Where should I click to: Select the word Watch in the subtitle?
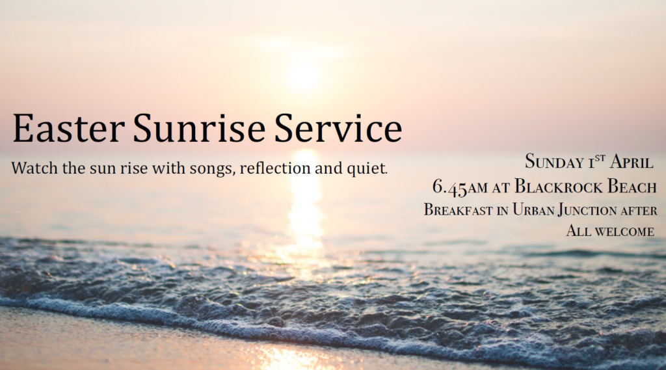[x=32, y=168]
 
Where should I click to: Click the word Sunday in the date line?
[x=555, y=162]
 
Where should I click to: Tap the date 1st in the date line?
[x=598, y=162]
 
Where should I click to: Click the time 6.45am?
[x=460, y=187]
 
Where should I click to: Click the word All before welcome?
[x=577, y=231]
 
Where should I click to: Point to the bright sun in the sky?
[x=304, y=75]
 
